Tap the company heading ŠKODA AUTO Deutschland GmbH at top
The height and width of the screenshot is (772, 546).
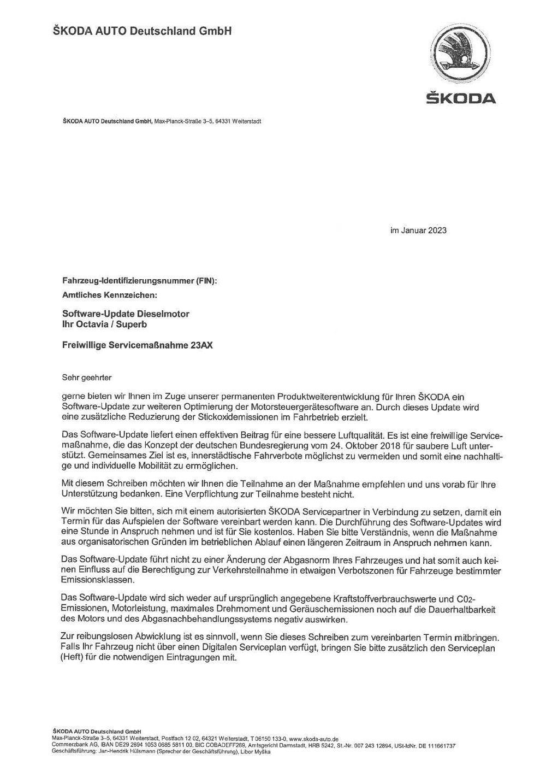click(x=143, y=31)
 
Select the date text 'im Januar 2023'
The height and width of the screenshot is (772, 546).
click(x=418, y=231)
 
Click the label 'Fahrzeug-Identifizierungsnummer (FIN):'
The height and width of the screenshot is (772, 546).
click(x=139, y=281)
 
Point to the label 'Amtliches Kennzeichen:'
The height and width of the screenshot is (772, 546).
click(x=109, y=295)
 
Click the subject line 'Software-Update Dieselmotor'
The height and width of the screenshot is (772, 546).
click(x=126, y=314)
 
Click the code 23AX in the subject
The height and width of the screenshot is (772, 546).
click(x=200, y=345)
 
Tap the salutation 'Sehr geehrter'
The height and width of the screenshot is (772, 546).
click(x=87, y=377)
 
